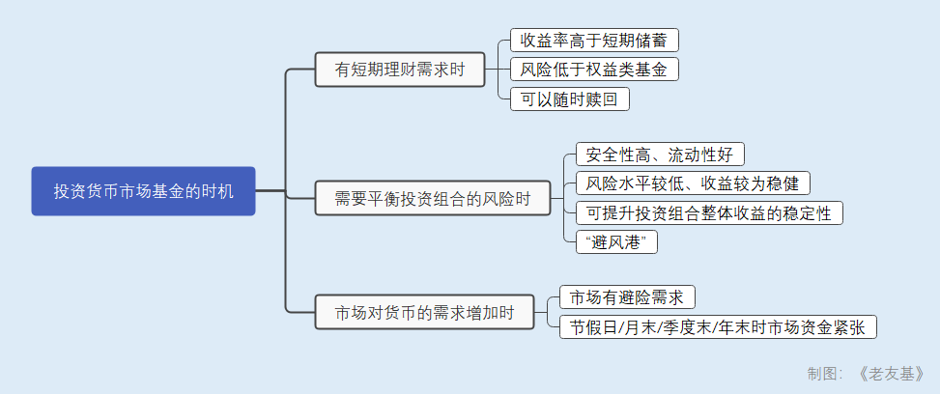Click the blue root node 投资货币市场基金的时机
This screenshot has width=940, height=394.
pyautogui.click(x=143, y=191)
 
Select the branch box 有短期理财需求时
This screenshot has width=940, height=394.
pyautogui.click(x=399, y=70)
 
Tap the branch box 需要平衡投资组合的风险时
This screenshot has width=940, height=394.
pyautogui.click(x=432, y=198)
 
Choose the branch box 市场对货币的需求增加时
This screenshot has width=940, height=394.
pyautogui.click(x=424, y=313)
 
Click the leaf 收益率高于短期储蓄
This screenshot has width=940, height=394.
pyautogui.click(x=594, y=41)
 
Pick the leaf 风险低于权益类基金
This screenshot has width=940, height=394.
pyautogui.click(x=594, y=70)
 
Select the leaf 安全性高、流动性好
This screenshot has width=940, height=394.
pyautogui.click(x=660, y=155)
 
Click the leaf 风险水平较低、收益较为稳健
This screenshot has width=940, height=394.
pyautogui.click(x=692, y=183)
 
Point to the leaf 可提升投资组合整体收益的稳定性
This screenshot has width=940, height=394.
pyautogui.click(x=708, y=212)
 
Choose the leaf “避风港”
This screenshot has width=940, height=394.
pyautogui.click(x=615, y=241)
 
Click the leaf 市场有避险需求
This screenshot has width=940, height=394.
pyautogui.click(x=627, y=297)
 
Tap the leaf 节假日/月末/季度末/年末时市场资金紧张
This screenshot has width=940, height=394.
pyautogui.click(x=718, y=326)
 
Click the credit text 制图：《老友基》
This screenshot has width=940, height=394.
pyautogui.click(x=866, y=374)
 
